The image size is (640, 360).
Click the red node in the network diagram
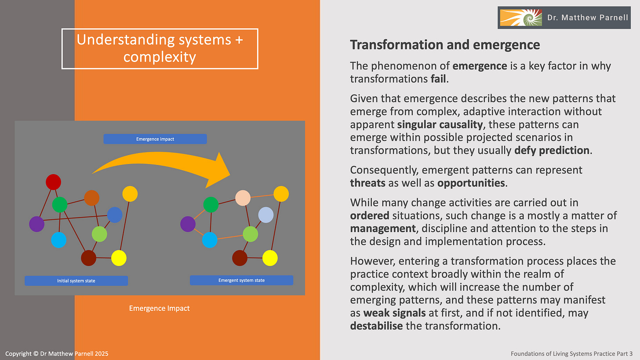click(x=53, y=182)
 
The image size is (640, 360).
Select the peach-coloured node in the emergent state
click(x=243, y=198)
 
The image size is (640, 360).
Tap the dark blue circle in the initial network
click(x=115, y=215)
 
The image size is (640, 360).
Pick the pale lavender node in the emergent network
click(x=266, y=215)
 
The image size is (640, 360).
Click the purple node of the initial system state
click(x=36, y=224)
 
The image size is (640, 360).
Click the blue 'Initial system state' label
click(x=76, y=280)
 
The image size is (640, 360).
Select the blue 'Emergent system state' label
click(x=241, y=280)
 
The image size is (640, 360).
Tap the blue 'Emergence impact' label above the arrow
click(x=155, y=139)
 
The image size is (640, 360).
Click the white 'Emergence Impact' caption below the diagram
click(x=159, y=308)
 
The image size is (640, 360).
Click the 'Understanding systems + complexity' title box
click(x=160, y=48)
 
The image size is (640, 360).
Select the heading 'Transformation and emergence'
click(x=445, y=44)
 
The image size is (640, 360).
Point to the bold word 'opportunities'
click(x=471, y=182)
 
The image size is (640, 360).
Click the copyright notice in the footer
click(x=57, y=353)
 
